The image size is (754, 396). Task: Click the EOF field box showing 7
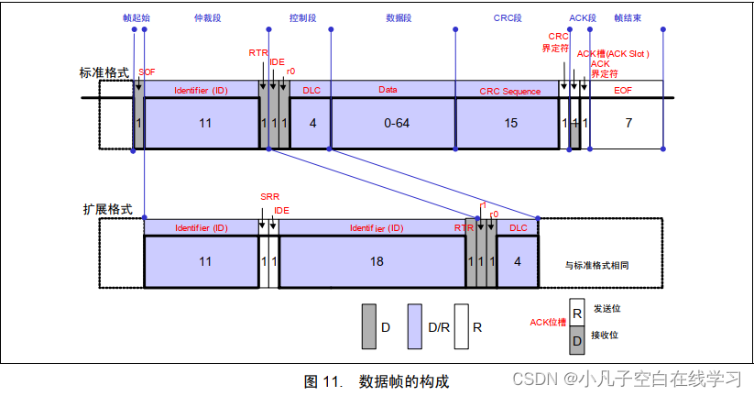627,123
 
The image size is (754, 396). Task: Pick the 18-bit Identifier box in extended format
375,261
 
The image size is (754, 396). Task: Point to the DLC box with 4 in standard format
312,123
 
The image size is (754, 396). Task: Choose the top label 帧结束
627,17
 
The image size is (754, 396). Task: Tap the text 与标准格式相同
597,264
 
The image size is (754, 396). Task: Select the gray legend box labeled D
369,326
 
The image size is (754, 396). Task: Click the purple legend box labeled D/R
414,326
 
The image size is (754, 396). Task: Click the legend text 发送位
606,309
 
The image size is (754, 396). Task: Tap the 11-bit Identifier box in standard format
203,123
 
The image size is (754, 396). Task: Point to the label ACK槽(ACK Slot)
613,53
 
